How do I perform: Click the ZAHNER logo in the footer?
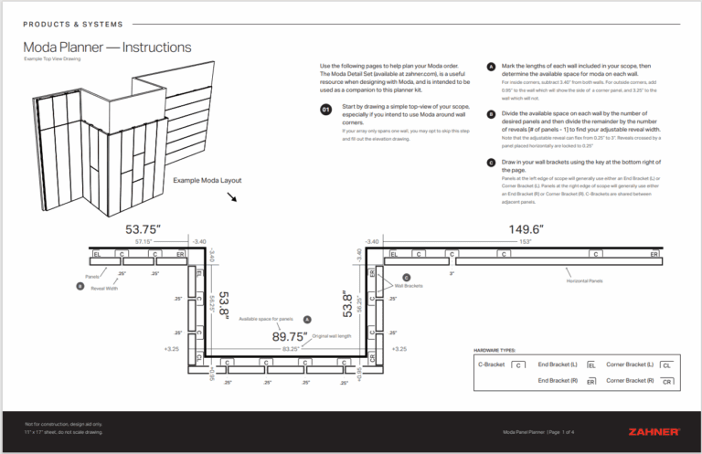point(654,431)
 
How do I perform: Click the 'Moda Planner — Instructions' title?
point(107,47)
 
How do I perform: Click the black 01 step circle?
point(326,110)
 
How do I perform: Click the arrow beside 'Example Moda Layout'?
point(232,195)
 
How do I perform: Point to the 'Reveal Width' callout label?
point(104,288)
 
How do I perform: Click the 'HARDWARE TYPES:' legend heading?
point(495,350)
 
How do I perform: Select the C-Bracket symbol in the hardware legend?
point(518,364)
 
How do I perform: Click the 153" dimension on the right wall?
point(526,242)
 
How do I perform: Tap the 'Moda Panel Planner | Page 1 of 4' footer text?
point(538,430)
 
